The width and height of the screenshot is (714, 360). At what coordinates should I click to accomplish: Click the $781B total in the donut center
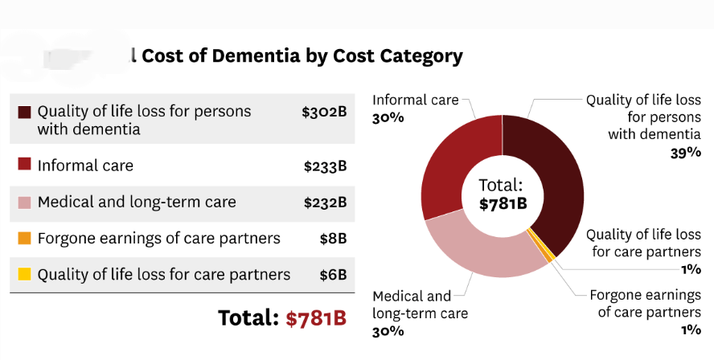click(x=503, y=203)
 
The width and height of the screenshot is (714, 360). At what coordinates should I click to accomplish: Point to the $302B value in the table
click(x=324, y=112)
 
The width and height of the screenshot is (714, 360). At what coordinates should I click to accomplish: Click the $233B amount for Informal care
click(x=325, y=166)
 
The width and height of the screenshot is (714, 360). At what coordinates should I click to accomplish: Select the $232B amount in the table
click(x=325, y=202)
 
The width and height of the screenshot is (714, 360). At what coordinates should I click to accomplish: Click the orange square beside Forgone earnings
click(x=24, y=238)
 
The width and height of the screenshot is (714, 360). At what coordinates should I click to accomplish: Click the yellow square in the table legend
click(x=24, y=274)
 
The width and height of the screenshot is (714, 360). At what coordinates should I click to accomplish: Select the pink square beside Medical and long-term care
click(x=24, y=202)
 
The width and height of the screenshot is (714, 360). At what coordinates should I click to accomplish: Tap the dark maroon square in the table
click(x=24, y=111)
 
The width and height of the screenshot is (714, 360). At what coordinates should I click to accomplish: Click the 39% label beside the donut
click(x=685, y=153)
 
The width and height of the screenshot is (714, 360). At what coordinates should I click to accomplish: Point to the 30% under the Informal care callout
click(x=388, y=118)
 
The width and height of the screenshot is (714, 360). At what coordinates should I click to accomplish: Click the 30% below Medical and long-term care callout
click(x=388, y=331)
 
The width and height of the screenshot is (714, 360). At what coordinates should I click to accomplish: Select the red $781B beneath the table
click(x=316, y=317)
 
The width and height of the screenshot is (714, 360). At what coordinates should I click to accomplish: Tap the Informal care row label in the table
click(x=85, y=166)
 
